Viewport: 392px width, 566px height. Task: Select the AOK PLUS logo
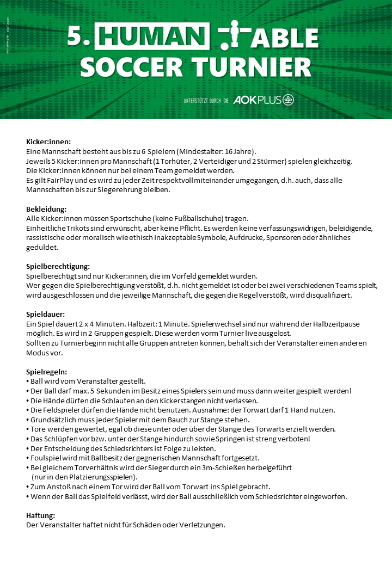264,100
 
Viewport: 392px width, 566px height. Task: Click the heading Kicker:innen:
48,141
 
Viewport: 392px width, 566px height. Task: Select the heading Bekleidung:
46,209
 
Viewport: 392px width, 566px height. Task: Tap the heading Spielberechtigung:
58,266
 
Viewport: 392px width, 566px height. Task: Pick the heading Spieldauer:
46,314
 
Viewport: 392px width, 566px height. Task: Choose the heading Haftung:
41,515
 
